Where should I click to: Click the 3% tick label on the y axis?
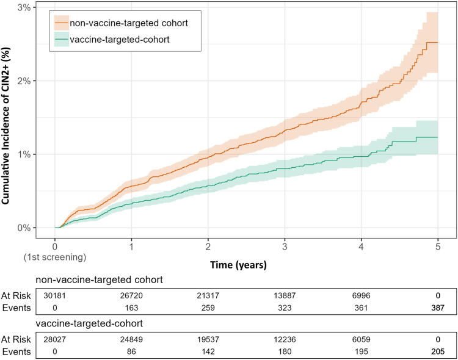click(x=24, y=7)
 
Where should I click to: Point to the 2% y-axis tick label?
click(x=24, y=81)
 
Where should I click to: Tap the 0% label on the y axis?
click(x=24, y=228)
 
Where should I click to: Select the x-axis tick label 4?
click(x=362, y=247)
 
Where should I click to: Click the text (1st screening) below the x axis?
click(x=55, y=257)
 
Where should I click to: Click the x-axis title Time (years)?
click(x=238, y=265)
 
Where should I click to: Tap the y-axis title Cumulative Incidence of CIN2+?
click(x=5, y=126)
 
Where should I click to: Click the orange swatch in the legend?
click(x=62, y=23)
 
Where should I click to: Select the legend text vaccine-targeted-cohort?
click(x=120, y=40)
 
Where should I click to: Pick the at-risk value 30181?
click(x=54, y=295)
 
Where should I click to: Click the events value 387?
click(x=438, y=308)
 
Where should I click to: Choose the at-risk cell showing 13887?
click(x=285, y=295)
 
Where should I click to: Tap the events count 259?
click(x=208, y=308)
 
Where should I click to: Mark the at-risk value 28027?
click(x=54, y=340)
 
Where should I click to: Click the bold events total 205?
click(x=438, y=352)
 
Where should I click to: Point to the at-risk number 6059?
click(x=362, y=340)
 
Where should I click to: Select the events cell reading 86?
click(x=131, y=352)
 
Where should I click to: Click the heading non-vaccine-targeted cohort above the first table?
click(x=100, y=279)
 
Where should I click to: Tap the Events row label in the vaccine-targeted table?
click(x=16, y=352)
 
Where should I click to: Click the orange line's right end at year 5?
click(x=438, y=42)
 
